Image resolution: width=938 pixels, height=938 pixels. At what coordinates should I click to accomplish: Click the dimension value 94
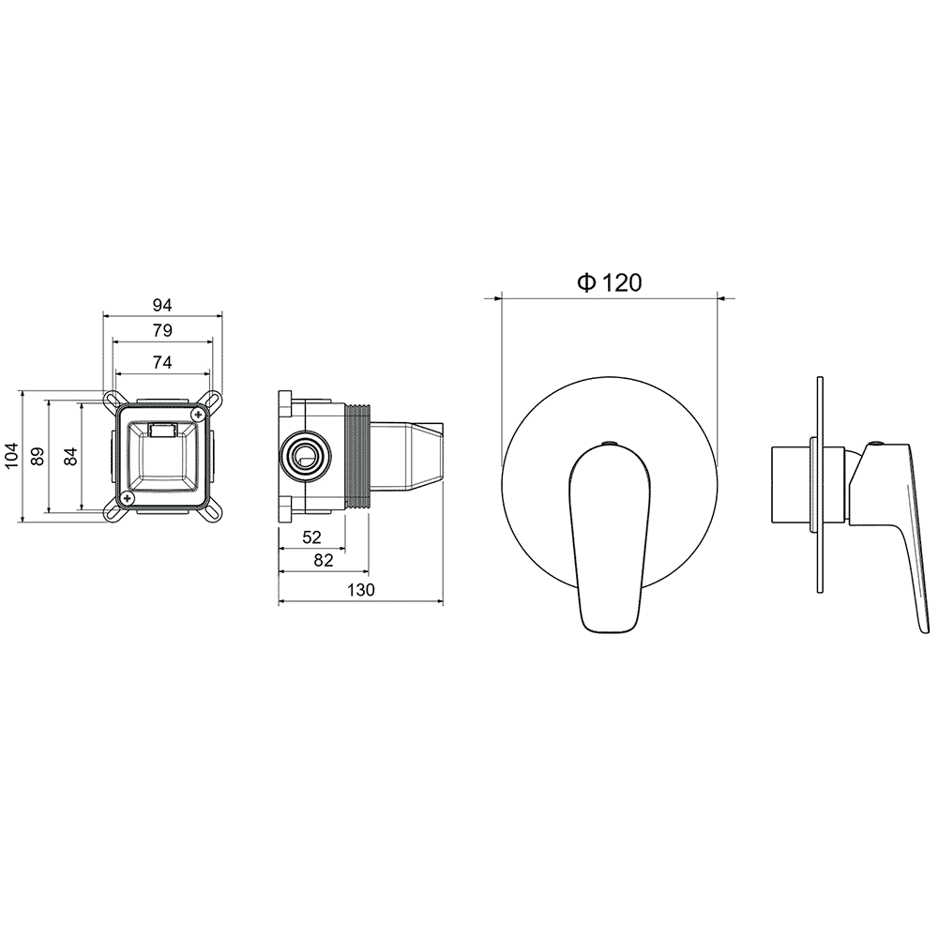pos(162,305)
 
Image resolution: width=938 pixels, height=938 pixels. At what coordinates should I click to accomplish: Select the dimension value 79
pos(162,330)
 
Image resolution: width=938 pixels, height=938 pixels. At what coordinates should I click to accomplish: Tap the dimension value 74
pos(162,362)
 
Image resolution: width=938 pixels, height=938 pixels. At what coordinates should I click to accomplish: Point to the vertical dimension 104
pos(12,456)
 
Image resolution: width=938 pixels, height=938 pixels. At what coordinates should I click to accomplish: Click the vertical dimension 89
pos(38,457)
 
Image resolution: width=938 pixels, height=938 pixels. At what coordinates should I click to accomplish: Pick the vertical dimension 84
pos(70,457)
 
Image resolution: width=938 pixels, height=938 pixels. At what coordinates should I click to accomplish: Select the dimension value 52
pos(311,537)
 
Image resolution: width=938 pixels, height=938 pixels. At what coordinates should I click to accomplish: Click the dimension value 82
pos(323,560)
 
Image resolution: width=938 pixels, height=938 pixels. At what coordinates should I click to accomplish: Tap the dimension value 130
pos(361,590)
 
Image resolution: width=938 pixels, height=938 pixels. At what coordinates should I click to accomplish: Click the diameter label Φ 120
pos(610,282)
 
